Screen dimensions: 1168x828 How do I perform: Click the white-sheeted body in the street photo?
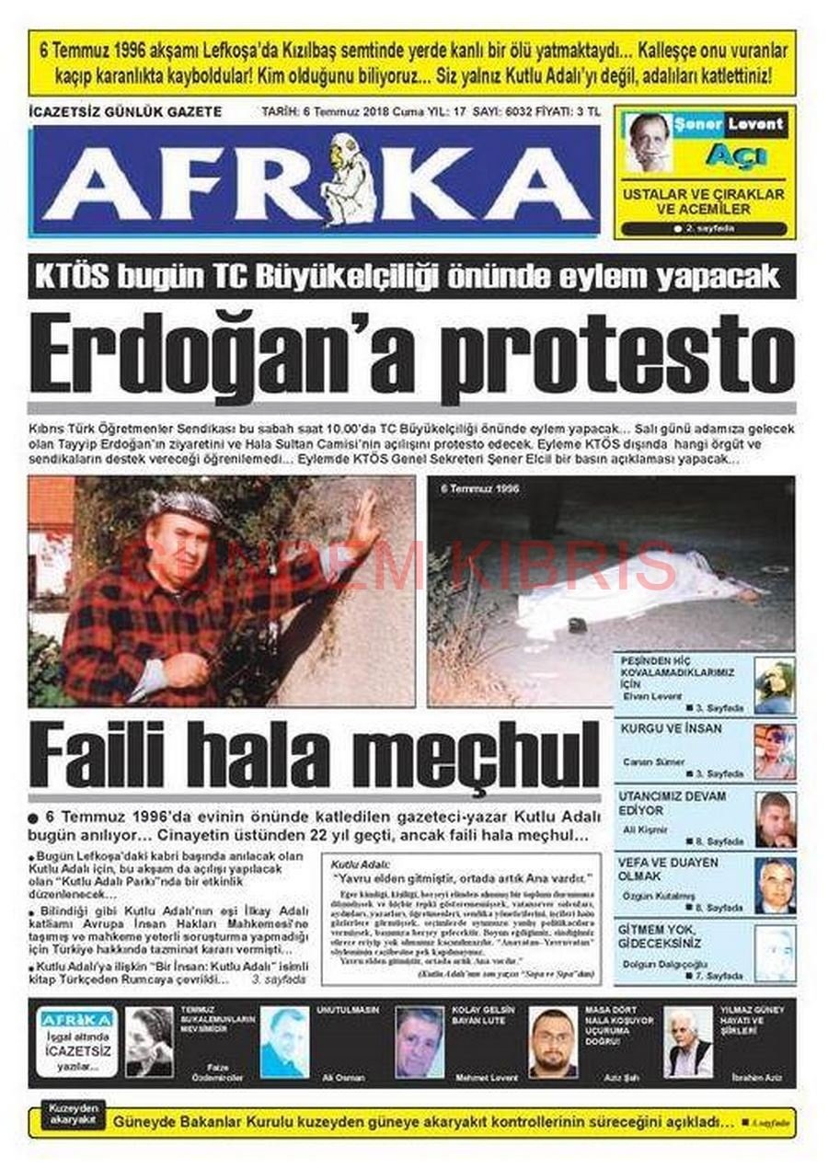pos(626,588)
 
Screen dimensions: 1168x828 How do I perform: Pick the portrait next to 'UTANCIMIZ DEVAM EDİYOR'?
pos(775,819)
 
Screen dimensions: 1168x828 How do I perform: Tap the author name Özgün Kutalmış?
pos(658,897)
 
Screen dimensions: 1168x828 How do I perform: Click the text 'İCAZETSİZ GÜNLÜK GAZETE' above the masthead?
pos(125,112)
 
